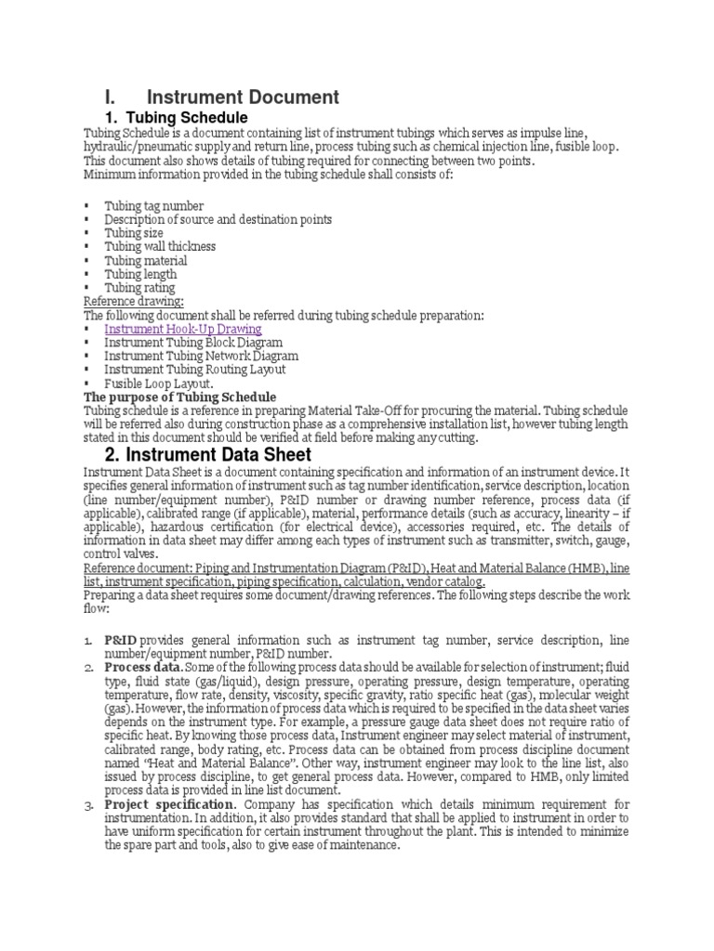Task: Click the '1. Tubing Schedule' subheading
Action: click(x=177, y=118)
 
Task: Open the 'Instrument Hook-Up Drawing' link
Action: click(x=182, y=329)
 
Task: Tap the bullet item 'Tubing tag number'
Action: click(x=153, y=205)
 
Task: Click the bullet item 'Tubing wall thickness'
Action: click(x=159, y=247)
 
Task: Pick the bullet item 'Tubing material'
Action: click(x=145, y=261)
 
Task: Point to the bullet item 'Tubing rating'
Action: click(x=139, y=288)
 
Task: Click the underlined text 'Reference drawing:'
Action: click(x=133, y=302)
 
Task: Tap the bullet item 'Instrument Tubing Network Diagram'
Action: click(x=201, y=356)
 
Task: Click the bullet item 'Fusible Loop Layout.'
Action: click(x=159, y=384)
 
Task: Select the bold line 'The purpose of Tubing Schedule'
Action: click(x=180, y=397)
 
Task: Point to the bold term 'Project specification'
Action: click(x=169, y=804)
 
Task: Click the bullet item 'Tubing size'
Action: click(x=133, y=233)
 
